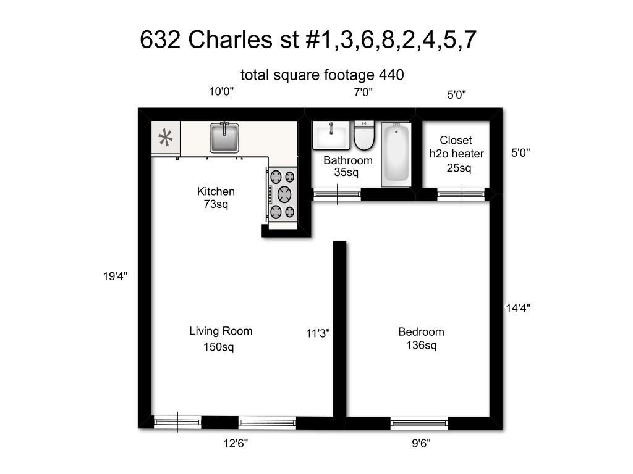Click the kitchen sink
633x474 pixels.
point(224,137)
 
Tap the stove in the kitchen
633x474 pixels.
point(283,194)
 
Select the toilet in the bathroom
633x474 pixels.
point(365,135)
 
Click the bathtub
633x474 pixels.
point(396,152)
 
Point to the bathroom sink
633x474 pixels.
point(332,135)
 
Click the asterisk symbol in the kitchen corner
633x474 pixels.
point(166,138)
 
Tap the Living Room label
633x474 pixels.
point(221,331)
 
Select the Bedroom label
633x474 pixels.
point(421,332)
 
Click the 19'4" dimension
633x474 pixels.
point(115,277)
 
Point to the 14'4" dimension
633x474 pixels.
point(519,307)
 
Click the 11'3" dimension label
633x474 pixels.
point(318,333)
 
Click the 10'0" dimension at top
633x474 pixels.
point(221,92)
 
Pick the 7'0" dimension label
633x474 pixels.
point(363,92)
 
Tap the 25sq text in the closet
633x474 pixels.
point(459,168)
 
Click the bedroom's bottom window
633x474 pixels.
point(419,423)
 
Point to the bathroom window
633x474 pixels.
point(337,194)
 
